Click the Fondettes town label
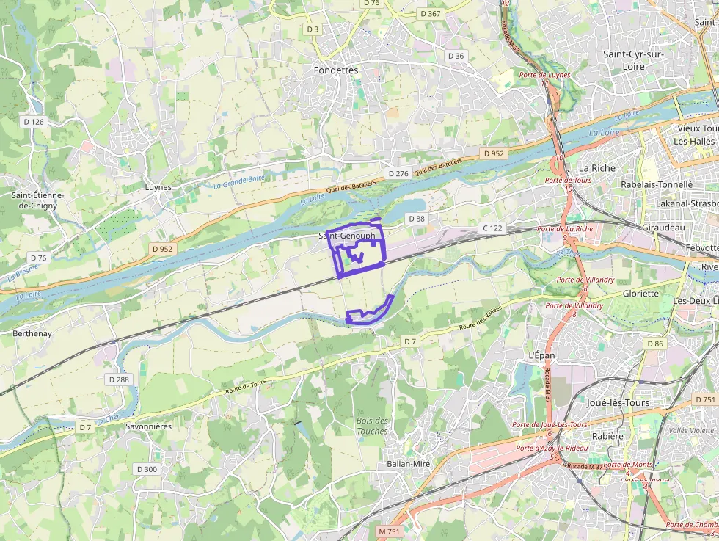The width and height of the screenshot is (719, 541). click(x=335, y=70)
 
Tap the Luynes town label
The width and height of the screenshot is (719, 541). click(x=158, y=187)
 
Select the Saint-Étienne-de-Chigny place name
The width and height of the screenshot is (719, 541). click(x=38, y=200)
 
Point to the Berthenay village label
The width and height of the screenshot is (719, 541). click(x=32, y=333)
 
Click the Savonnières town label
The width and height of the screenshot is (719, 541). click(x=148, y=426)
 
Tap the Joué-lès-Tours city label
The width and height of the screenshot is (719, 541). click(x=618, y=403)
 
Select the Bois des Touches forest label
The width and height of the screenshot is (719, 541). click(x=372, y=426)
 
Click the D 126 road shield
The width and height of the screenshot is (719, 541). click(x=34, y=122)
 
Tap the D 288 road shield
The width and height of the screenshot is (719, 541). click(x=118, y=380)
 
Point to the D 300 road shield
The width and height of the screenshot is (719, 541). click(x=147, y=469)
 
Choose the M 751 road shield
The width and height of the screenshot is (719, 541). click(x=390, y=531)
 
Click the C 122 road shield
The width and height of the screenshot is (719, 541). click(x=492, y=228)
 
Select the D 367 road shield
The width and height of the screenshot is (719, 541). click(x=431, y=14)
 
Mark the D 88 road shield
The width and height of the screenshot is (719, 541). click(x=416, y=219)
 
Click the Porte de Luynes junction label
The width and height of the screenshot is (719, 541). click(x=544, y=75)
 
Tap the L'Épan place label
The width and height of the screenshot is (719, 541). click(x=541, y=355)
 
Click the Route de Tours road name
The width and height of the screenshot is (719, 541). click(x=245, y=387)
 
